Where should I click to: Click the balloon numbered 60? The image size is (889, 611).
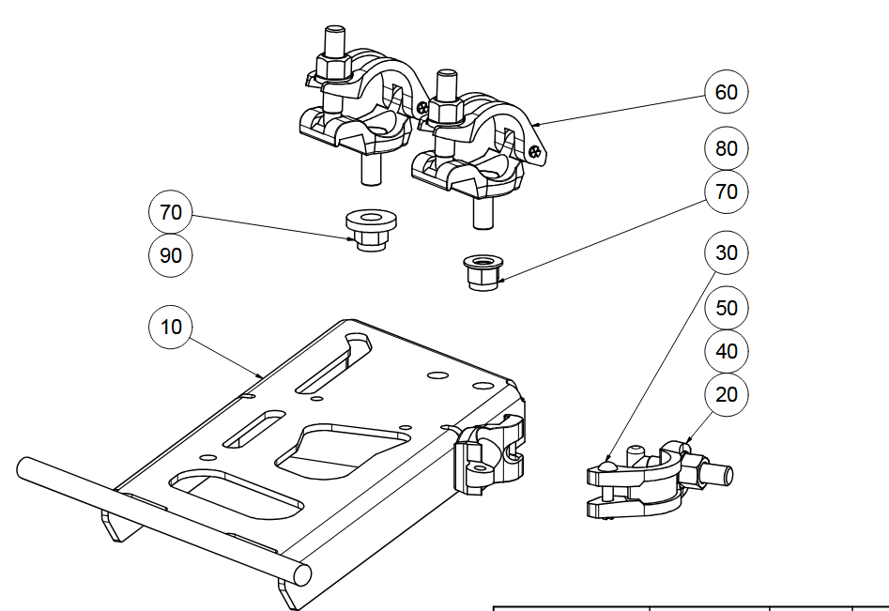pyautogui.click(x=727, y=92)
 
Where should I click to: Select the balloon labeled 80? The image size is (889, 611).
pyautogui.click(x=727, y=148)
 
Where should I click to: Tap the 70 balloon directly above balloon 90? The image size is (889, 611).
pyautogui.click(x=171, y=213)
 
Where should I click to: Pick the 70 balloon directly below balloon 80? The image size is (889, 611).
pyautogui.click(x=727, y=192)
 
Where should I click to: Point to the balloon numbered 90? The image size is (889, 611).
pyautogui.click(x=171, y=254)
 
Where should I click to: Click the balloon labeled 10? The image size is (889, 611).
pyautogui.click(x=171, y=327)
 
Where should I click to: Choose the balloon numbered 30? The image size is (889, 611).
pyautogui.click(x=727, y=253)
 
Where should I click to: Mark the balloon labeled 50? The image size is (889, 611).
pyautogui.click(x=727, y=308)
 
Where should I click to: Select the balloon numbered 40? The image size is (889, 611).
pyautogui.click(x=727, y=352)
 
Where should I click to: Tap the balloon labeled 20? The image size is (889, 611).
pyautogui.click(x=727, y=395)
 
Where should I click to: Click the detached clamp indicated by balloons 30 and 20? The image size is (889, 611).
pyautogui.click(x=648, y=480)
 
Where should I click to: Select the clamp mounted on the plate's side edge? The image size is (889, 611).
pyautogui.click(x=488, y=455)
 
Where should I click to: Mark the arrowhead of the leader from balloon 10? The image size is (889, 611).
pyautogui.click(x=264, y=376)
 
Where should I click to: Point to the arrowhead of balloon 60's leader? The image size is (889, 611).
pyautogui.click(x=531, y=124)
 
